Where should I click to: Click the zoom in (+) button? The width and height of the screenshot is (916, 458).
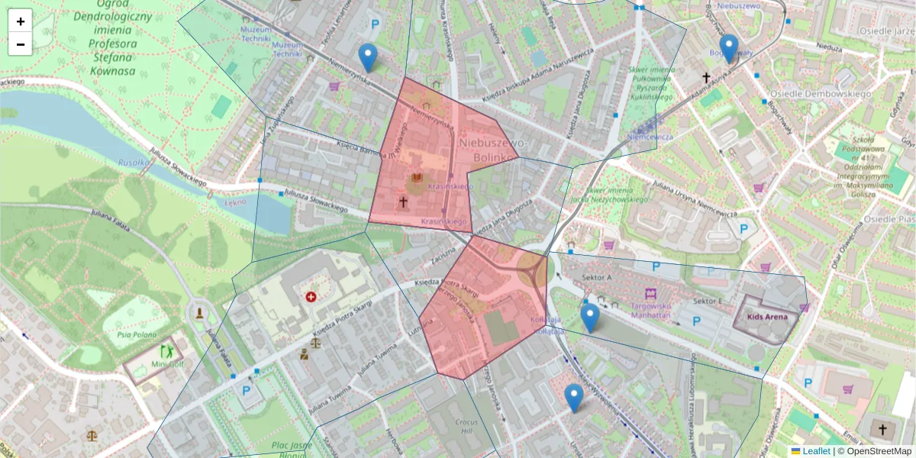pyautogui.click(x=21, y=21)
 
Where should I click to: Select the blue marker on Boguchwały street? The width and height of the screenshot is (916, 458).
pyautogui.click(x=729, y=48)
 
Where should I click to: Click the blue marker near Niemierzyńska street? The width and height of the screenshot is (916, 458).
pyautogui.click(x=368, y=57)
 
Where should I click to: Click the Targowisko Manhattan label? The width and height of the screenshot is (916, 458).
pyautogui.click(x=650, y=309)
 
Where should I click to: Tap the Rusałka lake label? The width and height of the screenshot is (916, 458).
pyautogui.click(x=134, y=163)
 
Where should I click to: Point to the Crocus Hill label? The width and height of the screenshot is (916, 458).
pyautogui.click(x=465, y=426)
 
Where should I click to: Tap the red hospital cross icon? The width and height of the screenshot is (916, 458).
pyautogui.click(x=311, y=296)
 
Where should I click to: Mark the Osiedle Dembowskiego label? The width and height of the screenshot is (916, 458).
pyautogui.click(x=820, y=94)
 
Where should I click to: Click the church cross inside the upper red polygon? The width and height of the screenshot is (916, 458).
pyautogui.click(x=403, y=202)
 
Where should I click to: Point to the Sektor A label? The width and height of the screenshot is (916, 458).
pyautogui.click(x=597, y=277)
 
